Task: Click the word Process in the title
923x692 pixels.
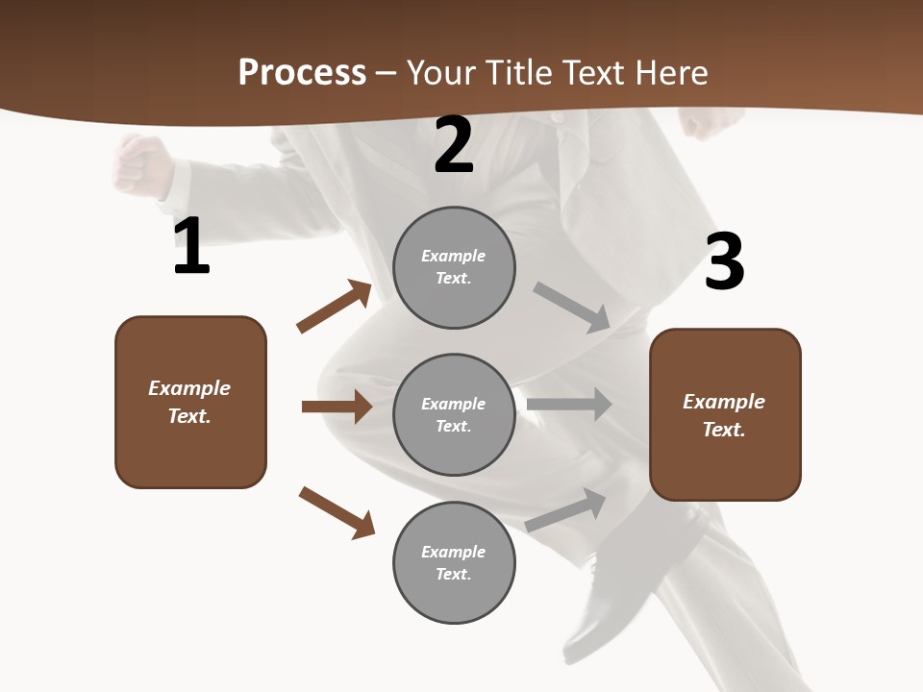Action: pyautogui.click(x=302, y=73)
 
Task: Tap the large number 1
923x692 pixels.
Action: pyautogui.click(x=191, y=247)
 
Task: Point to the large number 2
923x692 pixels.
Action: pyautogui.click(x=454, y=146)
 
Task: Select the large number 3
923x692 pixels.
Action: pyautogui.click(x=724, y=262)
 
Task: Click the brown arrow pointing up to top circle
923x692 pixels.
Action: pyautogui.click(x=335, y=307)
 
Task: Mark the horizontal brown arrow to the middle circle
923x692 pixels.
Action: pyautogui.click(x=337, y=407)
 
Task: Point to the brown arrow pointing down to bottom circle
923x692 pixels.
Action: pyautogui.click(x=337, y=511)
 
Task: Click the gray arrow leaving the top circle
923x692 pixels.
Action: pyautogui.click(x=572, y=307)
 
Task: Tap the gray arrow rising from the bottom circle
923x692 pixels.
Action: pyautogui.click(x=566, y=509)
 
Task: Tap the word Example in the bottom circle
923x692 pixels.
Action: pyautogui.click(x=453, y=552)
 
